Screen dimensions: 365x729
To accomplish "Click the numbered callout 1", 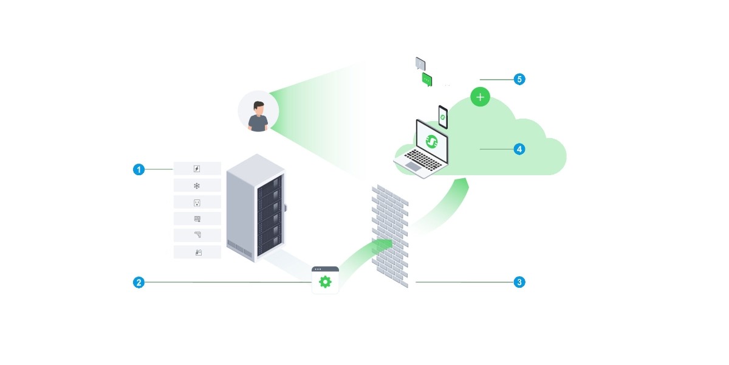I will pos(139,169).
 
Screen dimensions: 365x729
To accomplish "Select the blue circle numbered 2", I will pos(139,282).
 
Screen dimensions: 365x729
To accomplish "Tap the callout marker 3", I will pos(519,282).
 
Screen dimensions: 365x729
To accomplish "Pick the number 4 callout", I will pos(519,148).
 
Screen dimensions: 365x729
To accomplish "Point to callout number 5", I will pos(519,79).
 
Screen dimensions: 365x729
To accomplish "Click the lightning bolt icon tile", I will pos(197,169).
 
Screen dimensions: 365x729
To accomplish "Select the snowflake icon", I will pos(197,186).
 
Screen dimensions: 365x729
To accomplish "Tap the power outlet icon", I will pos(197,202).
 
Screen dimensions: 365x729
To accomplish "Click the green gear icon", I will pos(325,282).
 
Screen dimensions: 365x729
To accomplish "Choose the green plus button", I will pos(480,96).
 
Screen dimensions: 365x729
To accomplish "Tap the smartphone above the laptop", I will pos(443,116).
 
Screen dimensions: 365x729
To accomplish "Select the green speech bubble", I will pos(426,80).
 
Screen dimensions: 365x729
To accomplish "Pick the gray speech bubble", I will pos(420,63).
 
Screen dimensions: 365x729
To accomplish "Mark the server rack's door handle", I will pos(286,206).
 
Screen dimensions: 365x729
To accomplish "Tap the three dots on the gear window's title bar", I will pos(318,269).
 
